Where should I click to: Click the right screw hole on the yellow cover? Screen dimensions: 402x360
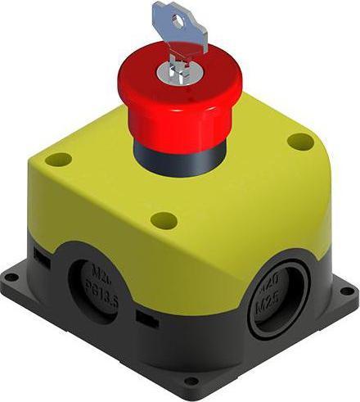297,141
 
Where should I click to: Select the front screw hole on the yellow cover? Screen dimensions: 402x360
164,219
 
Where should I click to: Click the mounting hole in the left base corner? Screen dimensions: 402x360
10,278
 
